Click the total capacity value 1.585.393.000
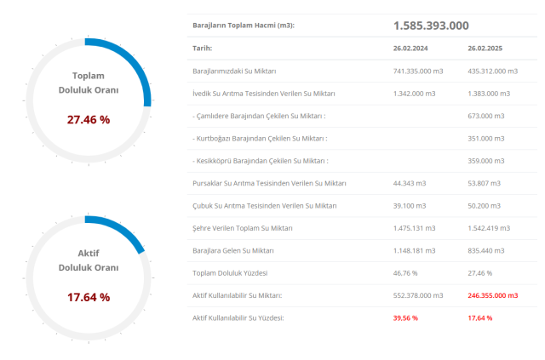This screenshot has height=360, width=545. click(431, 26)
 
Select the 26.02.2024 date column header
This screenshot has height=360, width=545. click(410, 49)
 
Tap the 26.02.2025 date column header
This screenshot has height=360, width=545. click(485, 49)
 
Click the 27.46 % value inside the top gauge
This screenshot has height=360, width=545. click(89, 120)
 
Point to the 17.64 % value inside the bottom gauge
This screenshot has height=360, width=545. click(89, 297)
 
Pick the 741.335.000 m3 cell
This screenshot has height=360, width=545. click(418, 71)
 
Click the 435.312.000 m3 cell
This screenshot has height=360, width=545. click(493, 71)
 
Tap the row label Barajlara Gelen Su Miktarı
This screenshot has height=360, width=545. click(234, 250)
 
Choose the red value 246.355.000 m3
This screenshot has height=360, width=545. click(493, 295)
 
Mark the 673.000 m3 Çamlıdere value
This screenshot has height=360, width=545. click(486, 116)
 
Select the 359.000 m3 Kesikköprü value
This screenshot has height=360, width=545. click(486, 161)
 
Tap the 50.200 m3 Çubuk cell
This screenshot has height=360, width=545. click(484, 205)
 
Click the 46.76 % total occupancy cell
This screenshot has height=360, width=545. click(405, 272)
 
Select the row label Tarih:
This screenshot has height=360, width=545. click(203, 49)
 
